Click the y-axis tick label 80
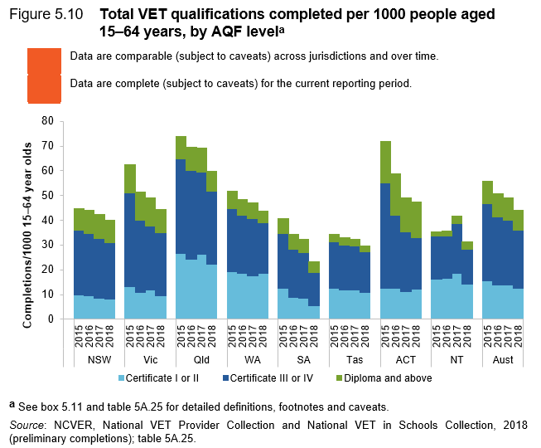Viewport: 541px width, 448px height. pyautogui.click(x=46, y=121)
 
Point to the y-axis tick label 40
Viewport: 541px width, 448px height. pyautogui.click(x=46, y=220)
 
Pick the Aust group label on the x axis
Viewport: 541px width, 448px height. pyautogui.click(x=504, y=359)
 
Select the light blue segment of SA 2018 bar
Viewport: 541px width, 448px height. pyautogui.click(x=315, y=312)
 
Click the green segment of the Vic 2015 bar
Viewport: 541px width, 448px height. pyautogui.click(x=129, y=178)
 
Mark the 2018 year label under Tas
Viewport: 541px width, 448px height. pyautogui.click(x=365, y=335)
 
